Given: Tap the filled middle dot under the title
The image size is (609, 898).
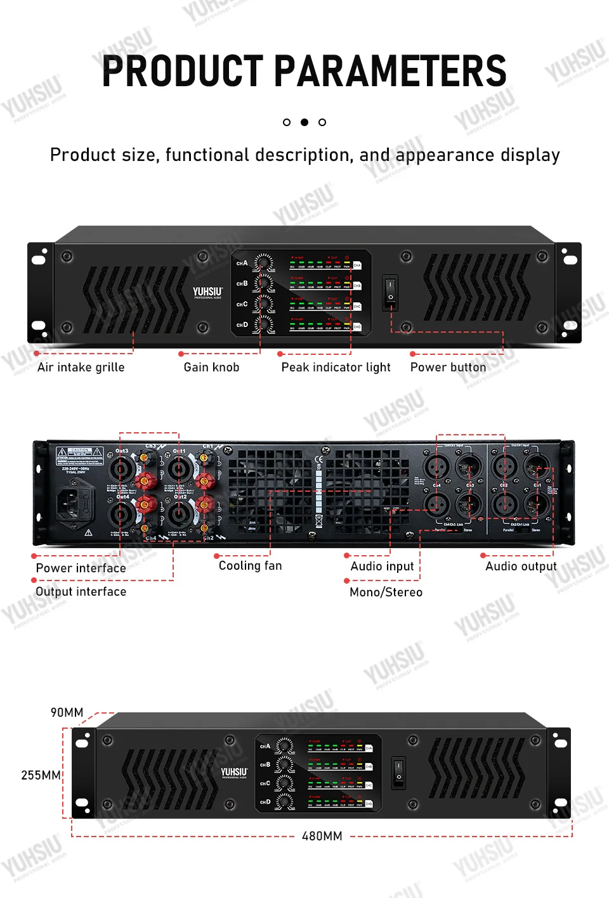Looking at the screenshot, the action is pyautogui.click(x=304, y=122).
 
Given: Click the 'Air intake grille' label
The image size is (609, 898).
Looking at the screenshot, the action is pyautogui.click(x=81, y=368).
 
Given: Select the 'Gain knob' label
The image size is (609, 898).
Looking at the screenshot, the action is pyautogui.click(x=211, y=368).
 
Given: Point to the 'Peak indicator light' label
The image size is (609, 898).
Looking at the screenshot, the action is pyautogui.click(x=336, y=368).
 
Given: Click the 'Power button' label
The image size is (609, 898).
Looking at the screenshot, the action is pyautogui.click(x=448, y=368).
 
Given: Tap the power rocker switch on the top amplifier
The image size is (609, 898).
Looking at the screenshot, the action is pyautogui.click(x=390, y=291).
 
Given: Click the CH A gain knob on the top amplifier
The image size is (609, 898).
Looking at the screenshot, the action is pyautogui.click(x=263, y=262).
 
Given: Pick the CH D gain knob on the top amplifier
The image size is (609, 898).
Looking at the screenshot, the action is pyautogui.click(x=263, y=324).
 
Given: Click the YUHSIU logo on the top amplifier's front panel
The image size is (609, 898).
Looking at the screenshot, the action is pyautogui.click(x=207, y=292).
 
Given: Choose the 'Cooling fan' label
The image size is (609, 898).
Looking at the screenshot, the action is pyautogui.click(x=250, y=566).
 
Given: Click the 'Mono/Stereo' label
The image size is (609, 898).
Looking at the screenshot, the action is pyautogui.click(x=386, y=593).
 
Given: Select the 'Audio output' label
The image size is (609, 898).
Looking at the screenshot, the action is pyautogui.click(x=521, y=567).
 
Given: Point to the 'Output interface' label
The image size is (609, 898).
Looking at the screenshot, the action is pyautogui.click(x=81, y=592).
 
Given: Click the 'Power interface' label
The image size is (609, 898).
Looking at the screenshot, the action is pyautogui.click(x=81, y=568).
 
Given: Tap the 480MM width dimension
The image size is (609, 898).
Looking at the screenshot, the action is pyautogui.click(x=322, y=837).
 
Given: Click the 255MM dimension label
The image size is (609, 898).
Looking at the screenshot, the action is pyautogui.click(x=41, y=776).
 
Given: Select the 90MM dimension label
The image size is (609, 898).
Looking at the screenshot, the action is pyautogui.click(x=67, y=713).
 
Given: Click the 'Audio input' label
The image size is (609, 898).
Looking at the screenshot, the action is pyautogui.click(x=382, y=567).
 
